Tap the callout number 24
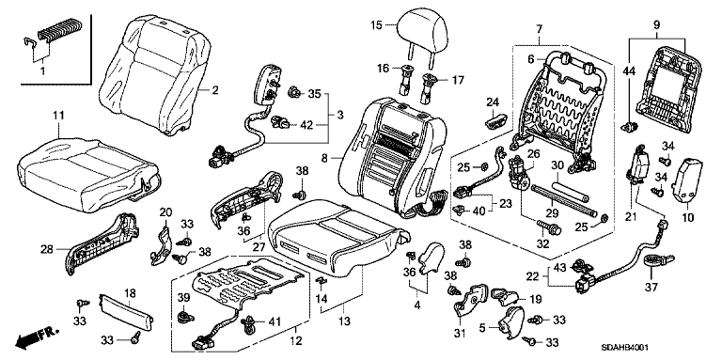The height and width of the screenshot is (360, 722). pyautogui.click(x=493, y=102)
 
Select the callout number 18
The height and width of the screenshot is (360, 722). pyautogui.click(x=130, y=292)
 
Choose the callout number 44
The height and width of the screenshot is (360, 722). pyautogui.click(x=629, y=70)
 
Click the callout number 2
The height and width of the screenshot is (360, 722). pyautogui.click(x=215, y=90)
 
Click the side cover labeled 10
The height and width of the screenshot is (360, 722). pyautogui.click(x=688, y=180)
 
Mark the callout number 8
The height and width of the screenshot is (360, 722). pyautogui.click(x=323, y=159)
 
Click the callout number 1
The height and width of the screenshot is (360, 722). pyautogui.click(x=43, y=70)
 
